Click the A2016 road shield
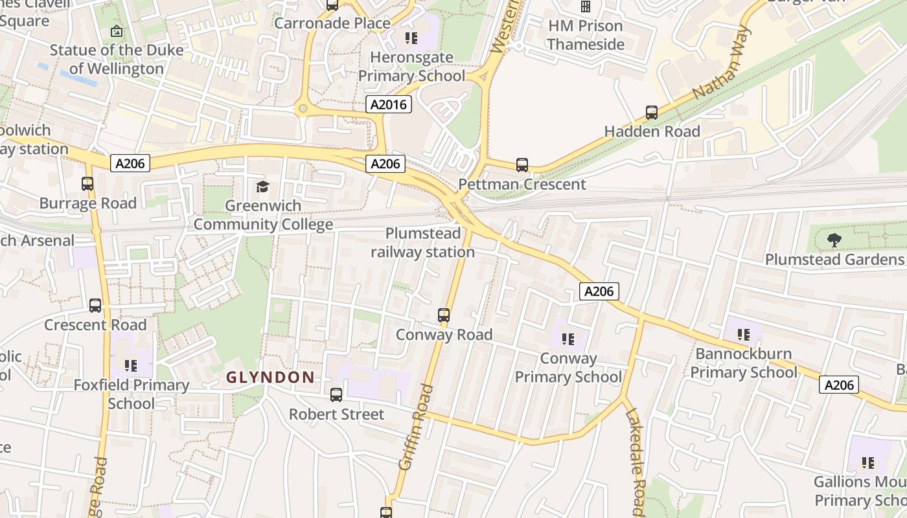click(389, 104)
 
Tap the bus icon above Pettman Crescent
click(522, 164)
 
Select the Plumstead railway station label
click(423, 243)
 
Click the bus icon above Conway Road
click(444, 315)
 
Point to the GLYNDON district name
click(270, 377)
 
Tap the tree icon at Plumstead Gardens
click(834, 240)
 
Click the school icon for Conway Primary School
click(568, 339)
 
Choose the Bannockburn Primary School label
click(744, 363)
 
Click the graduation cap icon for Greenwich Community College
click(262, 187)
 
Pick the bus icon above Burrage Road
click(87, 184)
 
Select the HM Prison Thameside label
click(586, 35)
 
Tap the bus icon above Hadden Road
click(652, 112)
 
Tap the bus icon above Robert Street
click(336, 394)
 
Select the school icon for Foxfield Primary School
click(132, 366)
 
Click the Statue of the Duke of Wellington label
click(117, 59)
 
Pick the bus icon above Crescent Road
click(95, 305)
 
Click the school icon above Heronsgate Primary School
click(411, 38)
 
